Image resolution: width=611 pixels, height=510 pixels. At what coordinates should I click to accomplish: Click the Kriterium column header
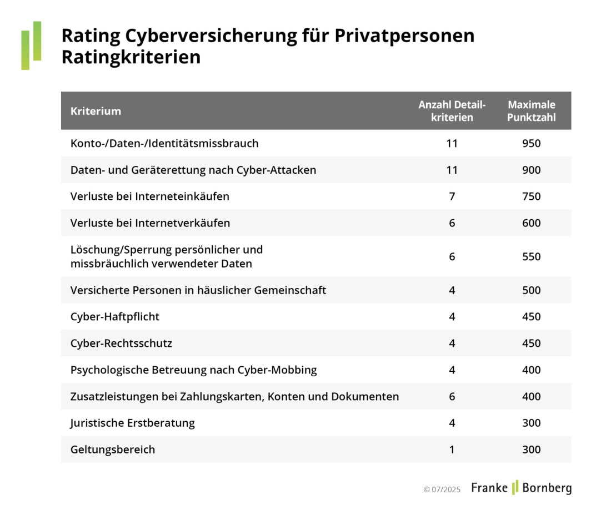96,111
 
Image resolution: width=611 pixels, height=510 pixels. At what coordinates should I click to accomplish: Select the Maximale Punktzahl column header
531,111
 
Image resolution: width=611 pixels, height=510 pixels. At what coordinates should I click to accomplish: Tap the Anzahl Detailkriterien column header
452,111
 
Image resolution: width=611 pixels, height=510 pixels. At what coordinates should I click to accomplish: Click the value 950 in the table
531,143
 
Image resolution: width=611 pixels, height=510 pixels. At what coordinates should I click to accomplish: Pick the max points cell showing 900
531,170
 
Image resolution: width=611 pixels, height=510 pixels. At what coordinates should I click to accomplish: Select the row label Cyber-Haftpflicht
115,317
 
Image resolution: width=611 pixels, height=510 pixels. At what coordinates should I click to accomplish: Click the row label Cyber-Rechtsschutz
121,344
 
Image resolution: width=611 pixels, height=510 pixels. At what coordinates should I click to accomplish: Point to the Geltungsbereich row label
113,450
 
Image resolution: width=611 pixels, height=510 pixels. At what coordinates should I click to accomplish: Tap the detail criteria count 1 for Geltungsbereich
452,450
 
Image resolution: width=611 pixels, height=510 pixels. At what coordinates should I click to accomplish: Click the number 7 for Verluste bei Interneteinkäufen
452,196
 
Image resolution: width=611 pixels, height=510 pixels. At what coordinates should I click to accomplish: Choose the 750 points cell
531,196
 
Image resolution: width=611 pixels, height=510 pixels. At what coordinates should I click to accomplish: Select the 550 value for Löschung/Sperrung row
531,256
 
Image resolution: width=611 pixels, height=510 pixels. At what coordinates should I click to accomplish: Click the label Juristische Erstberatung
132,423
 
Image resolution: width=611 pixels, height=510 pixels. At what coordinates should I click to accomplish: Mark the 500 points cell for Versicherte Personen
531,290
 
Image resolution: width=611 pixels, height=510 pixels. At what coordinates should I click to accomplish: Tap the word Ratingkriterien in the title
131,57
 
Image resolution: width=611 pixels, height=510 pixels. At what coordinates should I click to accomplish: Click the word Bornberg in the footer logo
546,488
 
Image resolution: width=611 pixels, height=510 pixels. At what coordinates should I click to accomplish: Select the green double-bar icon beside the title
31,46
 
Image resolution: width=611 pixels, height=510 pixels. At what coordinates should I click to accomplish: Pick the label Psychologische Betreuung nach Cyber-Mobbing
193,370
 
